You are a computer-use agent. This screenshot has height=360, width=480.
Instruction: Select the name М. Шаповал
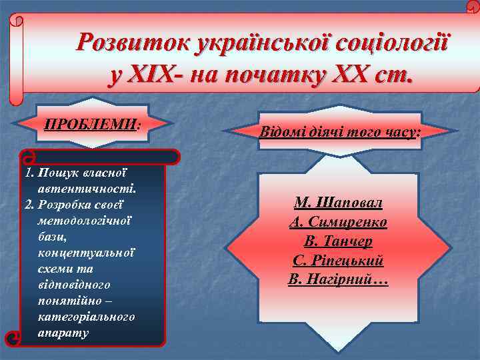(339, 203)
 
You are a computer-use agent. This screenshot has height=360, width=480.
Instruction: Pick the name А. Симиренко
(339, 223)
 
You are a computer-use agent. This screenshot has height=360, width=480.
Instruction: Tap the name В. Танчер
(339, 241)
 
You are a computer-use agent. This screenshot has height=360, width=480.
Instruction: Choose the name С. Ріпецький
(339, 261)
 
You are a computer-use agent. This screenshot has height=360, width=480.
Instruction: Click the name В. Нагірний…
(339, 280)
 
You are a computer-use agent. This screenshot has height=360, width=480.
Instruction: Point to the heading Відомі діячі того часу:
(340, 131)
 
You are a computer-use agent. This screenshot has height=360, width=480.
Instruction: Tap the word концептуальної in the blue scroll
(87, 253)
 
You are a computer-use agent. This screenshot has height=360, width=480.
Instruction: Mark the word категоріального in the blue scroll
(87, 317)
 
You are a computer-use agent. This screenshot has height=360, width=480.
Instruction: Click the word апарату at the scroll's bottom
(64, 333)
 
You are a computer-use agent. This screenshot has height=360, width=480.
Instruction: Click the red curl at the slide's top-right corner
(473, 6)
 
